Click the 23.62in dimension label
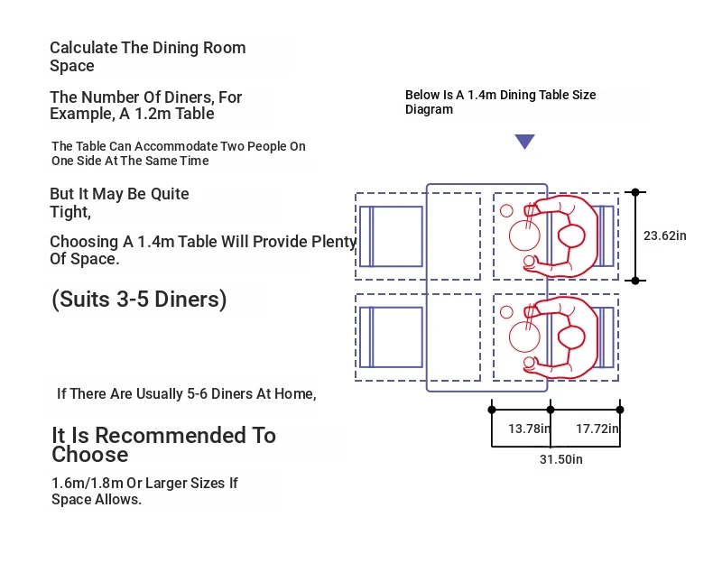(x=664, y=235)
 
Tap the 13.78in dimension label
(x=529, y=429)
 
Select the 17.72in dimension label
(x=597, y=429)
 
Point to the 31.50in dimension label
(x=561, y=459)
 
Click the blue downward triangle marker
(x=524, y=141)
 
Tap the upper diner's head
(x=571, y=236)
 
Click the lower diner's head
(x=571, y=337)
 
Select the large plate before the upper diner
(x=524, y=235)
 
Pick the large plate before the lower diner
(x=524, y=337)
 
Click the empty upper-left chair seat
(x=391, y=236)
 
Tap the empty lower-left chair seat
(x=391, y=337)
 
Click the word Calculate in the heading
(x=84, y=48)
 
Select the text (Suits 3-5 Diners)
(x=139, y=300)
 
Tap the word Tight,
(x=70, y=212)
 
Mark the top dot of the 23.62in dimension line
(x=635, y=192)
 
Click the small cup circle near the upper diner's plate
(x=506, y=211)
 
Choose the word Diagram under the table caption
(x=429, y=110)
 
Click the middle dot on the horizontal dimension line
(x=551, y=410)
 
